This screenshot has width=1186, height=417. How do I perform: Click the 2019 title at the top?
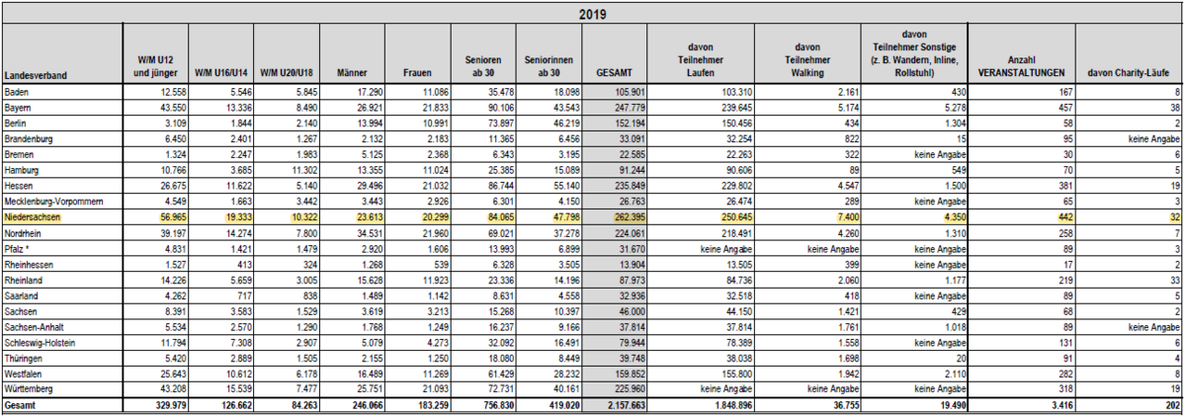pyautogui.click(x=592, y=14)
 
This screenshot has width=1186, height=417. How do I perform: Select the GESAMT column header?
pyautogui.click(x=614, y=73)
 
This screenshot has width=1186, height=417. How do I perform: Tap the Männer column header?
pyautogui.click(x=352, y=73)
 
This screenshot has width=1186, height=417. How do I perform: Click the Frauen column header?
pyautogui.click(x=417, y=73)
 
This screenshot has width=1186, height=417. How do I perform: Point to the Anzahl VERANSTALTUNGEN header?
pyautogui.click(x=1021, y=66)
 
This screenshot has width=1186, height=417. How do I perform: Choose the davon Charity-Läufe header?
pyautogui.click(x=1129, y=73)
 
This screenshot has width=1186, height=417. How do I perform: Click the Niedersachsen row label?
pyautogui.click(x=33, y=217)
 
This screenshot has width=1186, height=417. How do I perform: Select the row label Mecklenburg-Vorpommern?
pyautogui.click(x=54, y=202)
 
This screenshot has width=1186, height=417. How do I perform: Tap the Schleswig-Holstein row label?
pyautogui.click(x=40, y=343)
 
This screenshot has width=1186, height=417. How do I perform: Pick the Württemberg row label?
pyautogui.click(x=29, y=389)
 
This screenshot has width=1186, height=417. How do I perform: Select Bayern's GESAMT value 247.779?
pyautogui.click(x=630, y=108)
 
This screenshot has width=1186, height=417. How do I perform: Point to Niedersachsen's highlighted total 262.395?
pyautogui.click(x=630, y=217)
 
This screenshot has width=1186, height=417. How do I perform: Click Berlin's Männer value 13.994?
pyautogui.click(x=368, y=124)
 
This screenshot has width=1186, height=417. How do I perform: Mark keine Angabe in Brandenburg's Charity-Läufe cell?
pyautogui.click(x=1154, y=139)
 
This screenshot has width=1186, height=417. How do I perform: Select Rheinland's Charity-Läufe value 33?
pyautogui.click(x=1175, y=281)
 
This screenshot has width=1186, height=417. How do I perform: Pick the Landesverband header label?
pyautogui.click(x=36, y=76)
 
